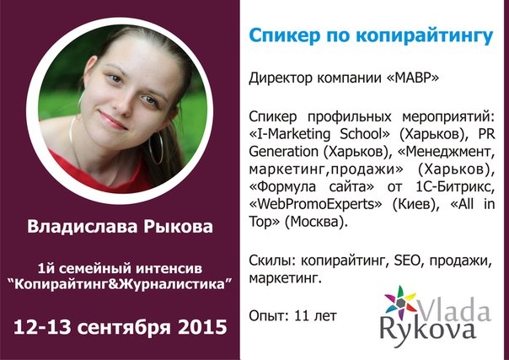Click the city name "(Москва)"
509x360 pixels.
(319, 221)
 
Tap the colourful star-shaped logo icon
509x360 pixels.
(400, 304)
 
